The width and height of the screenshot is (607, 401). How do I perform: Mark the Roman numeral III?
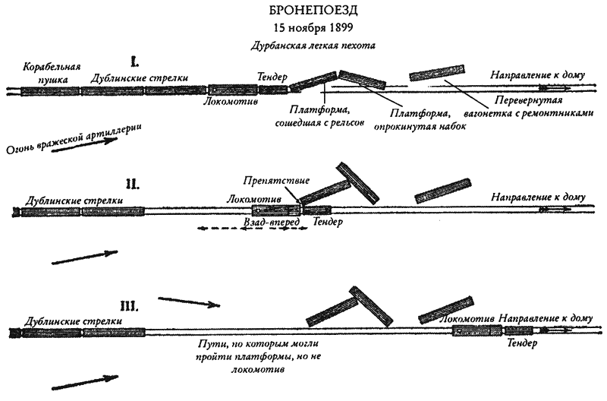click(128, 307)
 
